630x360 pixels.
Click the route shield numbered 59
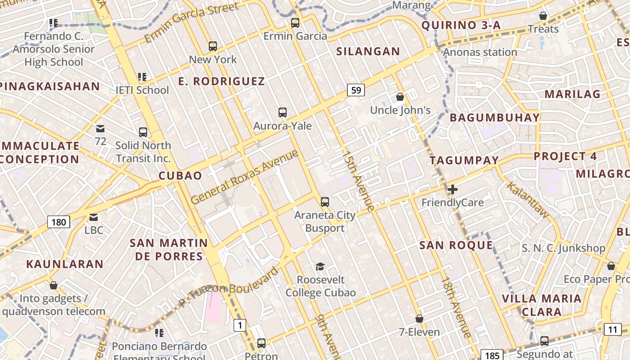pyautogui.click(x=355, y=90)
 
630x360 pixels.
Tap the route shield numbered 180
pyautogui.click(x=58, y=222)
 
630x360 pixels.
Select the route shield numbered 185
pyautogui.click(x=492, y=355)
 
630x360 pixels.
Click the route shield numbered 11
pyautogui.click(x=612, y=329)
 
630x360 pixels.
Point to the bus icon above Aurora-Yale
pyautogui.click(x=283, y=112)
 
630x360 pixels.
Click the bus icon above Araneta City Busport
pyautogui.click(x=325, y=202)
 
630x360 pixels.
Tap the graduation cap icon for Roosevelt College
pyautogui.click(x=320, y=266)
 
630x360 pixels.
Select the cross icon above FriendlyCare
pyautogui.click(x=453, y=189)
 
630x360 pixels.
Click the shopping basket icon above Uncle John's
pyautogui.click(x=400, y=97)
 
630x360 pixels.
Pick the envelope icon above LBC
pyautogui.click(x=94, y=217)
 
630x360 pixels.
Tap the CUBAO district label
pyautogui.click(x=180, y=175)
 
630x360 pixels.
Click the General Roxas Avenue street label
pyautogui.click(x=244, y=177)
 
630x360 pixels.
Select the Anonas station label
pyautogui.click(x=480, y=52)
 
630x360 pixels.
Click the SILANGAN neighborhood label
pyautogui.click(x=368, y=51)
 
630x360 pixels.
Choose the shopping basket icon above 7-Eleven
pyautogui.click(x=419, y=319)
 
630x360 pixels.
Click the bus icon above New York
pyautogui.click(x=213, y=46)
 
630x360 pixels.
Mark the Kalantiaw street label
pyautogui.click(x=528, y=200)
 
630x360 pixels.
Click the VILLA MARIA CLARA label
pyautogui.click(x=541, y=305)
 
